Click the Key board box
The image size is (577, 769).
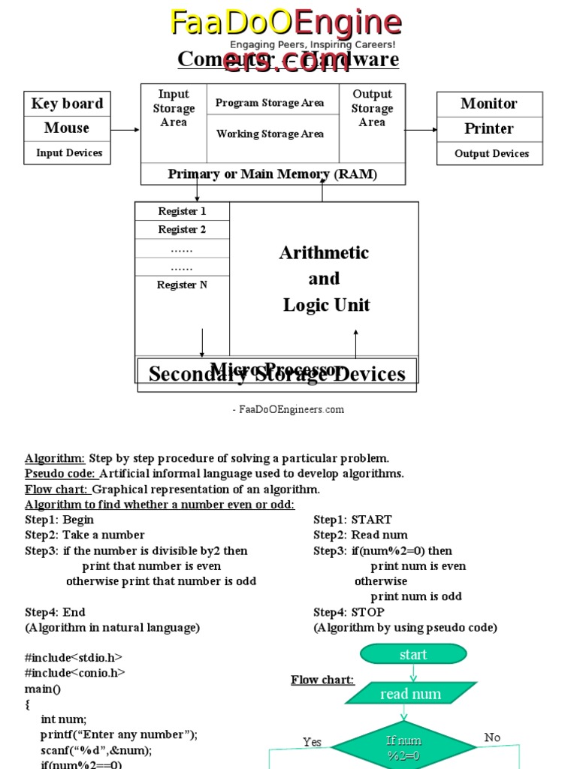coord(67,104)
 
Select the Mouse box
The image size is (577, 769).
coord(67,128)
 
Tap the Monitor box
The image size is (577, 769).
coord(489,104)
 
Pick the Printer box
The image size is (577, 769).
coord(489,128)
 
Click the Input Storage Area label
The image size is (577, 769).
coord(174,108)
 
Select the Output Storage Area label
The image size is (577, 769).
coord(372,108)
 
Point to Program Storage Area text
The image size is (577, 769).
coord(270,103)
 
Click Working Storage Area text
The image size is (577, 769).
coord(270,134)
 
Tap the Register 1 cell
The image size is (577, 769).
coord(182,211)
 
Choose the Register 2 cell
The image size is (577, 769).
coord(182,230)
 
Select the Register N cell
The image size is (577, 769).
coord(182,285)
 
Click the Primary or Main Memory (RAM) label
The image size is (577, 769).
coord(273,174)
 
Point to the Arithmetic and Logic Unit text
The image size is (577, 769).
coord(325,279)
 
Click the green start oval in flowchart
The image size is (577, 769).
coord(412,655)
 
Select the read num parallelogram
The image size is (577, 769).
coord(410,694)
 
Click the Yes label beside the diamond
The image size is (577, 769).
coord(312,742)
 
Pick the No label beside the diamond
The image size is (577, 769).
coord(492,737)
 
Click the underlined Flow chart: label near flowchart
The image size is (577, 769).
coord(322,680)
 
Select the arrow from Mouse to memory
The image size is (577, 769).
coord(125,130)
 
